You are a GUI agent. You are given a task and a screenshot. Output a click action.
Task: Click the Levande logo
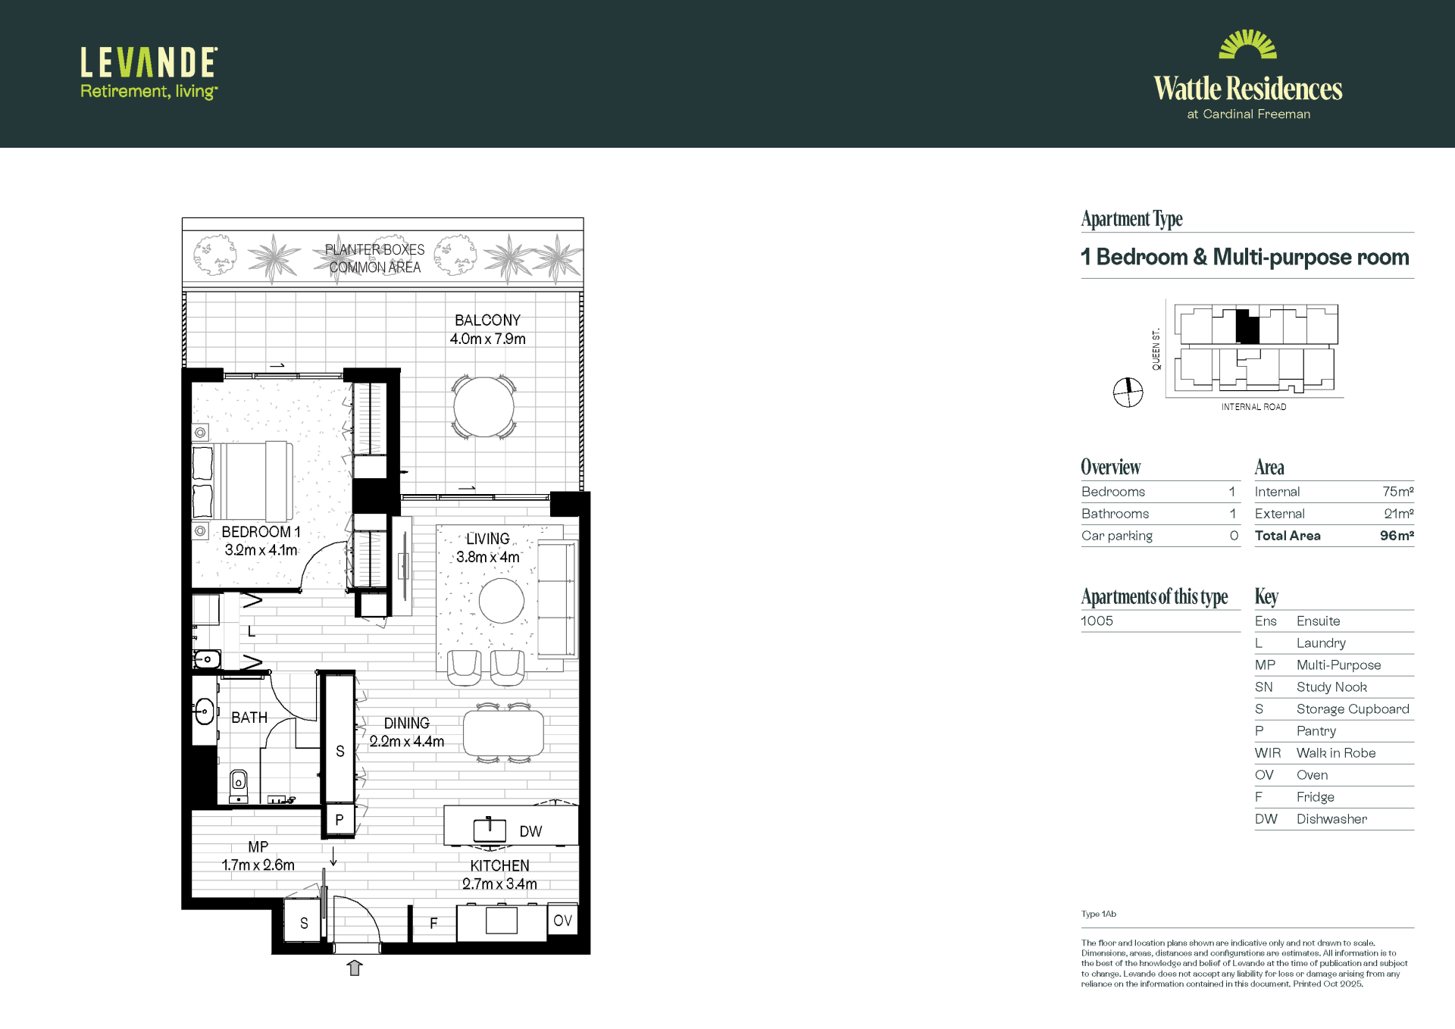(x=149, y=73)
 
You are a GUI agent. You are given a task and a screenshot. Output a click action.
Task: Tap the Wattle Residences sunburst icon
(x=1247, y=44)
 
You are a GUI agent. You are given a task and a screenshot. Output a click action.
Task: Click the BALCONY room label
(x=487, y=321)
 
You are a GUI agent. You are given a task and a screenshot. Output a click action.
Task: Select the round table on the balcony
(x=483, y=407)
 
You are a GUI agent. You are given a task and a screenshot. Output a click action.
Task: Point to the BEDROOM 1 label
(x=261, y=532)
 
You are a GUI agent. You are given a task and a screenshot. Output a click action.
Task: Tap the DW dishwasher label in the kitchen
(x=530, y=831)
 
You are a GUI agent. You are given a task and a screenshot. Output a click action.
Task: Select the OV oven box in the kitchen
(x=562, y=921)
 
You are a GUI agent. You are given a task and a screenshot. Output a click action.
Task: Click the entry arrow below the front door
(x=355, y=968)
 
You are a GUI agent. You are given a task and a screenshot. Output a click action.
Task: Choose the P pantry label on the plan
(x=339, y=820)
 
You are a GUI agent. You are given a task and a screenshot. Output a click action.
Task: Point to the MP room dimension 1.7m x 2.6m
(x=258, y=865)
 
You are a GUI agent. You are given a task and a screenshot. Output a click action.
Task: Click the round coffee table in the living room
(x=501, y=601)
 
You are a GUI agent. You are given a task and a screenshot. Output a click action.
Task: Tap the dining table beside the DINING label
(x=503, y=733)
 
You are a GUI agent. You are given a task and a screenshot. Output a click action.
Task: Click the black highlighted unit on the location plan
(x=1247, y=327)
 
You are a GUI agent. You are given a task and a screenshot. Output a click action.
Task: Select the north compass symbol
(x=1128, y=393)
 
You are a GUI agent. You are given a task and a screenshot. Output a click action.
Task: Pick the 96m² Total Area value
(x=1397, y=536)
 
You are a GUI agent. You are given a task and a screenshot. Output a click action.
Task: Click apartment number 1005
(x=1097, y=621)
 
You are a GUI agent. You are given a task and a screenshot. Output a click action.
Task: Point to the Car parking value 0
(x=1234, y=536)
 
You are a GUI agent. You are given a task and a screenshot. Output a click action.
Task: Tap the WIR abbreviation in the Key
(x=1268, y=753)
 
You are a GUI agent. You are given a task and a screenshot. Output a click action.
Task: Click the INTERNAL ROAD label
(x=1253, y=407)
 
